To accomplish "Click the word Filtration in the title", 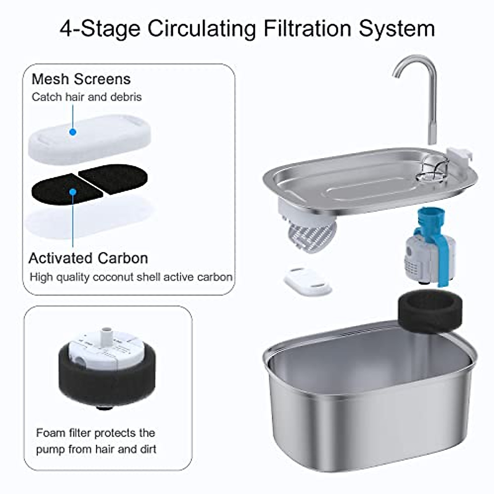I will coord(307,29).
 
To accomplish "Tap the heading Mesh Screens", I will coord(81,79).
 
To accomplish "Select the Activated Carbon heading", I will coord(88,258).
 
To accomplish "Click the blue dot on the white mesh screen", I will coord(73,132).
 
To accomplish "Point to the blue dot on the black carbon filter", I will coord(73,192).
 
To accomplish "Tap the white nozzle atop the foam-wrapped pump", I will coord(107,335).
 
